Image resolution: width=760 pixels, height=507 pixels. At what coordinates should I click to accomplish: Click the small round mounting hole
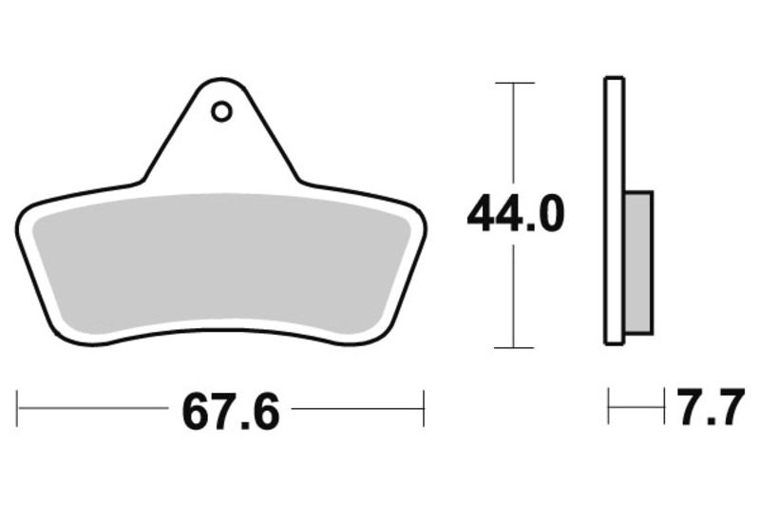(221, 112)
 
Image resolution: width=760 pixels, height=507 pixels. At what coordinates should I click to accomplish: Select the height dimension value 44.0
(515, 215)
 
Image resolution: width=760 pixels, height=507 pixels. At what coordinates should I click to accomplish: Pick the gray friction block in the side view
(638, 262)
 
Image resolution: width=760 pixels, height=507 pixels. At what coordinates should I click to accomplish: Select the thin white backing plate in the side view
(615, 209)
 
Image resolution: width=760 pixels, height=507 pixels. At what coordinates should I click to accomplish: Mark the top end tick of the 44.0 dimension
(514, 84)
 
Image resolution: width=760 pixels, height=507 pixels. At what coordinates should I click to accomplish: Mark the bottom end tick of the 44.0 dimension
(514, 347)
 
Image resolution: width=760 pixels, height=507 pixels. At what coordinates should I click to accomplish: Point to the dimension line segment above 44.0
(514, 133)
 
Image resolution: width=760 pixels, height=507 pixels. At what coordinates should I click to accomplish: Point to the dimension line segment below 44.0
(514, 295)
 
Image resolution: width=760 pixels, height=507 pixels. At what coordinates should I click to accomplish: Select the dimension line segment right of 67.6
(357, 409)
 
